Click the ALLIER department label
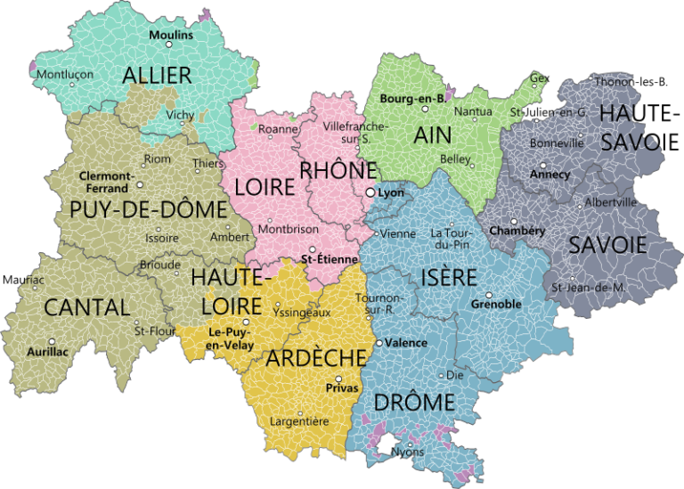158,74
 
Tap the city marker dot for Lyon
370,192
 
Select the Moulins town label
170,35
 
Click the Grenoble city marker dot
489,294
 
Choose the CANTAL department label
86,308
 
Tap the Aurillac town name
47,352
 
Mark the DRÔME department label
414,402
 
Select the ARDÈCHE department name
316,358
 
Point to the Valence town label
406,342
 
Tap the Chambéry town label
517,231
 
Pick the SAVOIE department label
607,245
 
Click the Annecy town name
550,174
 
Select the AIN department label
432,134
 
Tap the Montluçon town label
64,74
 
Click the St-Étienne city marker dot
313,250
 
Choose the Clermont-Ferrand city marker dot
141,186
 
